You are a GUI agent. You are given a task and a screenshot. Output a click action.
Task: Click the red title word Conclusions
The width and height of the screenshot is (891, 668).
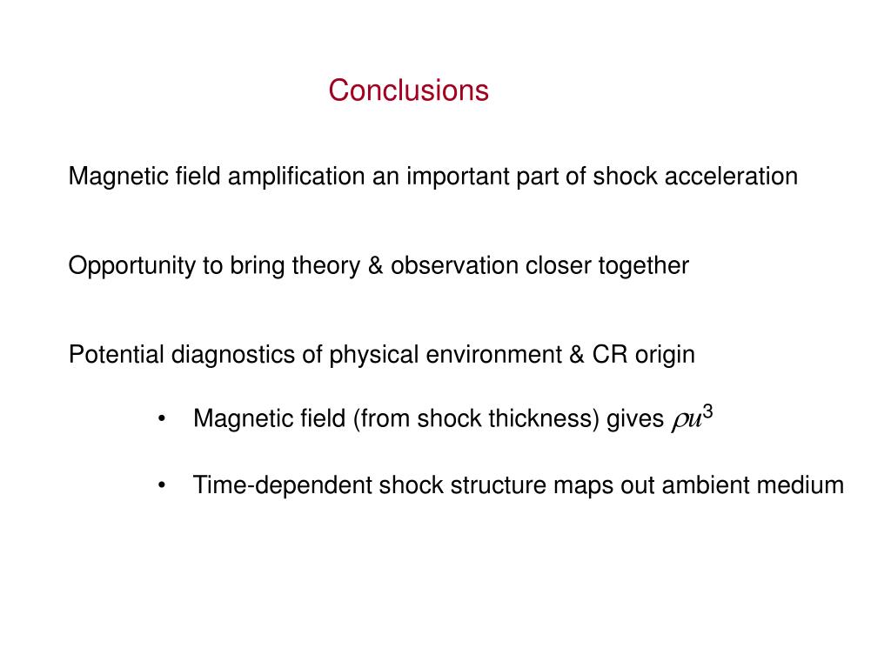[x=408, y=90]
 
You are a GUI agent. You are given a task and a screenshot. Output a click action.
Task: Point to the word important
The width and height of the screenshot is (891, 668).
[x=452, y=177]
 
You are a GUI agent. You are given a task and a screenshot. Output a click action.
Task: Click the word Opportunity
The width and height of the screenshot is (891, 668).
[x=132, y=266]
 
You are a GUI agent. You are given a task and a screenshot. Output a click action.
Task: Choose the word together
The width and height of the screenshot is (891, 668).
[x=642, y=266]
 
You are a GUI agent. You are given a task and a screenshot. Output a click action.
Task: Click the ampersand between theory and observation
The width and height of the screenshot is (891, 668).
[x=375, y=266]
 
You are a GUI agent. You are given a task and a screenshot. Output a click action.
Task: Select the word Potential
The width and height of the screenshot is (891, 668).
[x=117, y=355]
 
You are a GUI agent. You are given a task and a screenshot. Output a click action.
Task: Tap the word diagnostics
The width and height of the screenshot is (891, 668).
[x=224, y=355]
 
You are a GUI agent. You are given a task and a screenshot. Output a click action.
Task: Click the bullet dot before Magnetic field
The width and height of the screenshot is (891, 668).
[x=163, y=419]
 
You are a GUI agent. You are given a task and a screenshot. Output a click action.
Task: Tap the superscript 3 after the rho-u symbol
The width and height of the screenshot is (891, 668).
[x=708, y=411]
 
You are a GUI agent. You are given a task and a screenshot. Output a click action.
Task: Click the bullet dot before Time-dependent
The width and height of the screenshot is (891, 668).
[x=163, y=485]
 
